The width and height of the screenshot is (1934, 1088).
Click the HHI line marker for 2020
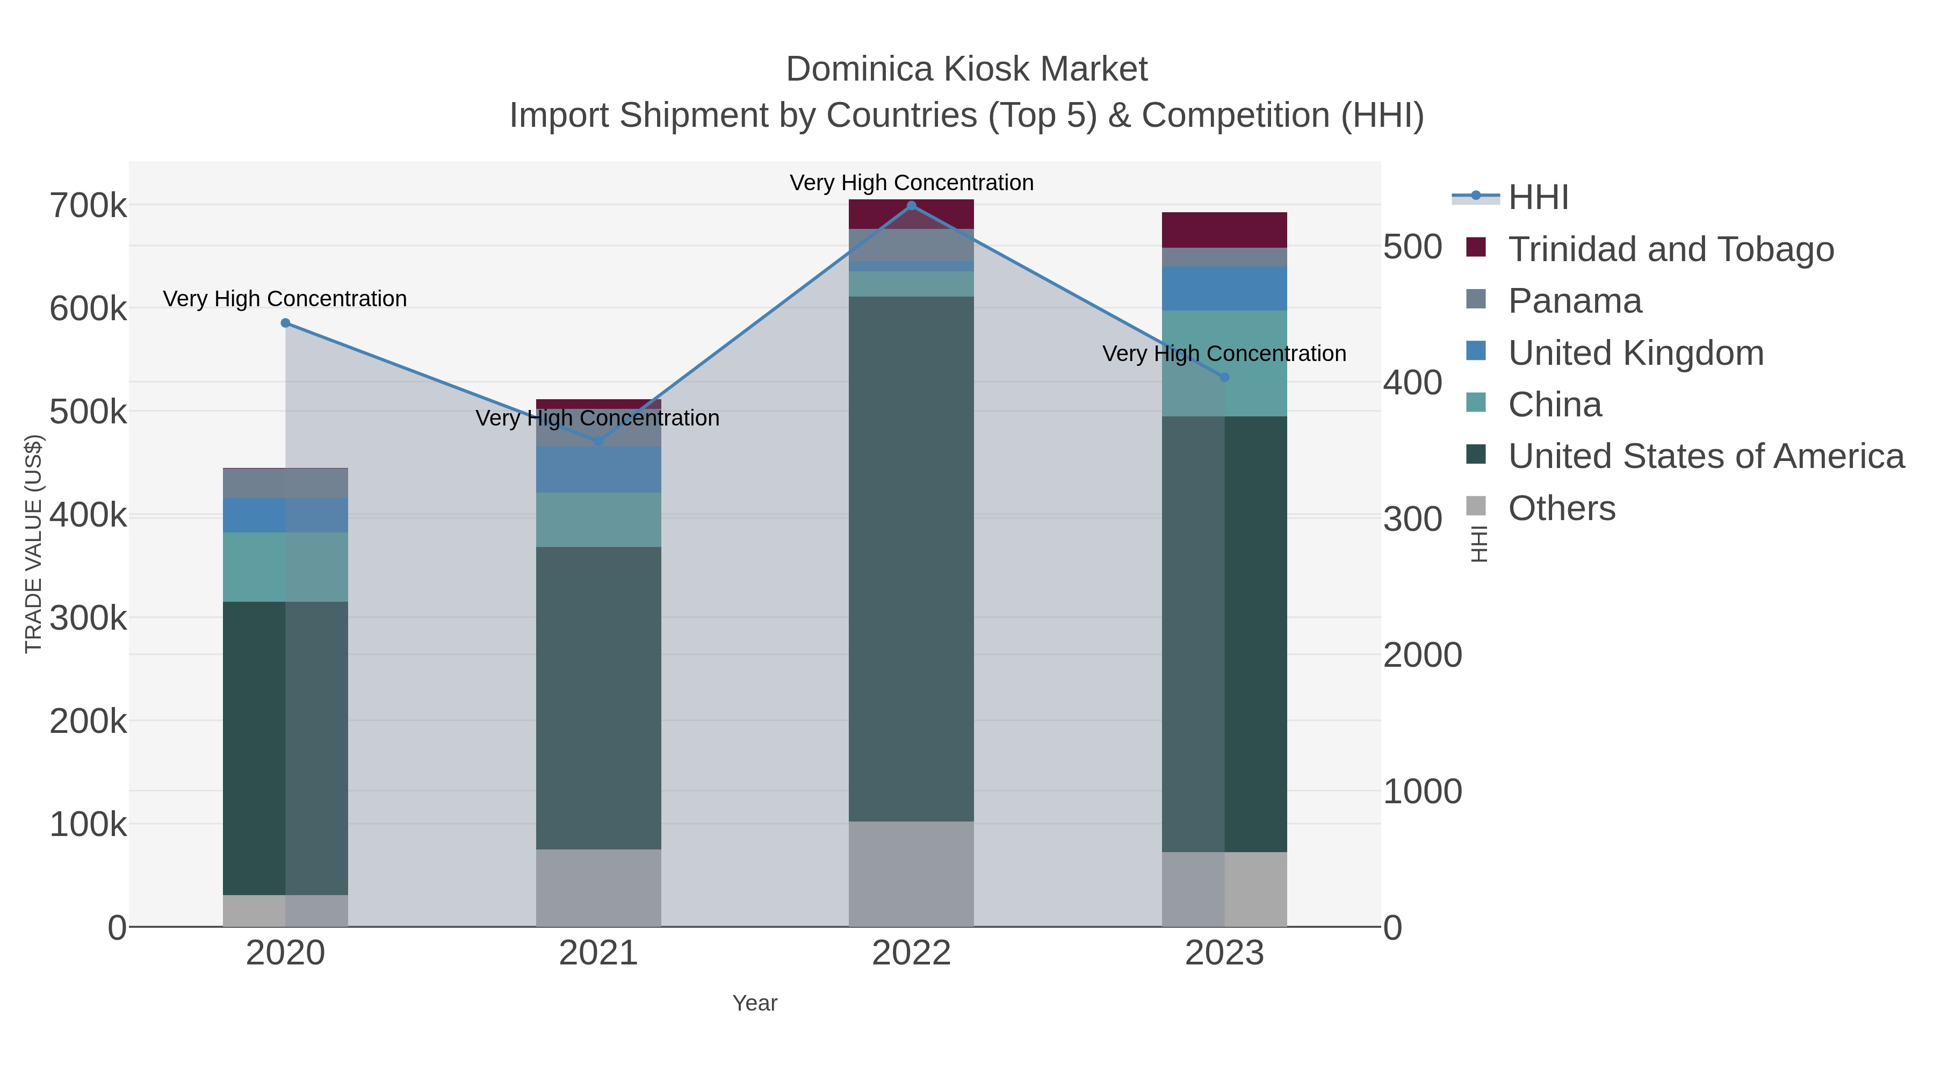point(285,323)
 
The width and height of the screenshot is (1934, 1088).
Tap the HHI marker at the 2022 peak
point(912,206)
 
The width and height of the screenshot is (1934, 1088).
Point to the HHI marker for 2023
point(1224,377)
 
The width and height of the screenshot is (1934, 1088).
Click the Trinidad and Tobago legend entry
point(1670,249)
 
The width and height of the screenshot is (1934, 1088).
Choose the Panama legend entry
point(1575,301)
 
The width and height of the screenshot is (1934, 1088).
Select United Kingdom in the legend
point(1635,353)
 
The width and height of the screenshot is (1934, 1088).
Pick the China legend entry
point(1555,405)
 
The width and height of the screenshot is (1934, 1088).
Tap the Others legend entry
point(1562,508)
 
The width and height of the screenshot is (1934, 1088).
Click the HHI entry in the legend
point(1538,198)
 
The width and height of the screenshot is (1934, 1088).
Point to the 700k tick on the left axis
point(88,205)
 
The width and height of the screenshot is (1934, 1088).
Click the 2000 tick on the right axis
point(1422,655)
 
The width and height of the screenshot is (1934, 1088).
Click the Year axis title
point(755,1003)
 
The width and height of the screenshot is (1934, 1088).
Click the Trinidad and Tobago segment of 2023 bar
point(1224,230)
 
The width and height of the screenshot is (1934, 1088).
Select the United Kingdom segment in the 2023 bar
point(1224,289)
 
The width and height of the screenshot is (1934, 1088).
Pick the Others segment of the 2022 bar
point(912,874)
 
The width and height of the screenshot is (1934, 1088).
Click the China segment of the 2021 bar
point(598,520)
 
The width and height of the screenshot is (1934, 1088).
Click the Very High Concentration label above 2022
point(912,183)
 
